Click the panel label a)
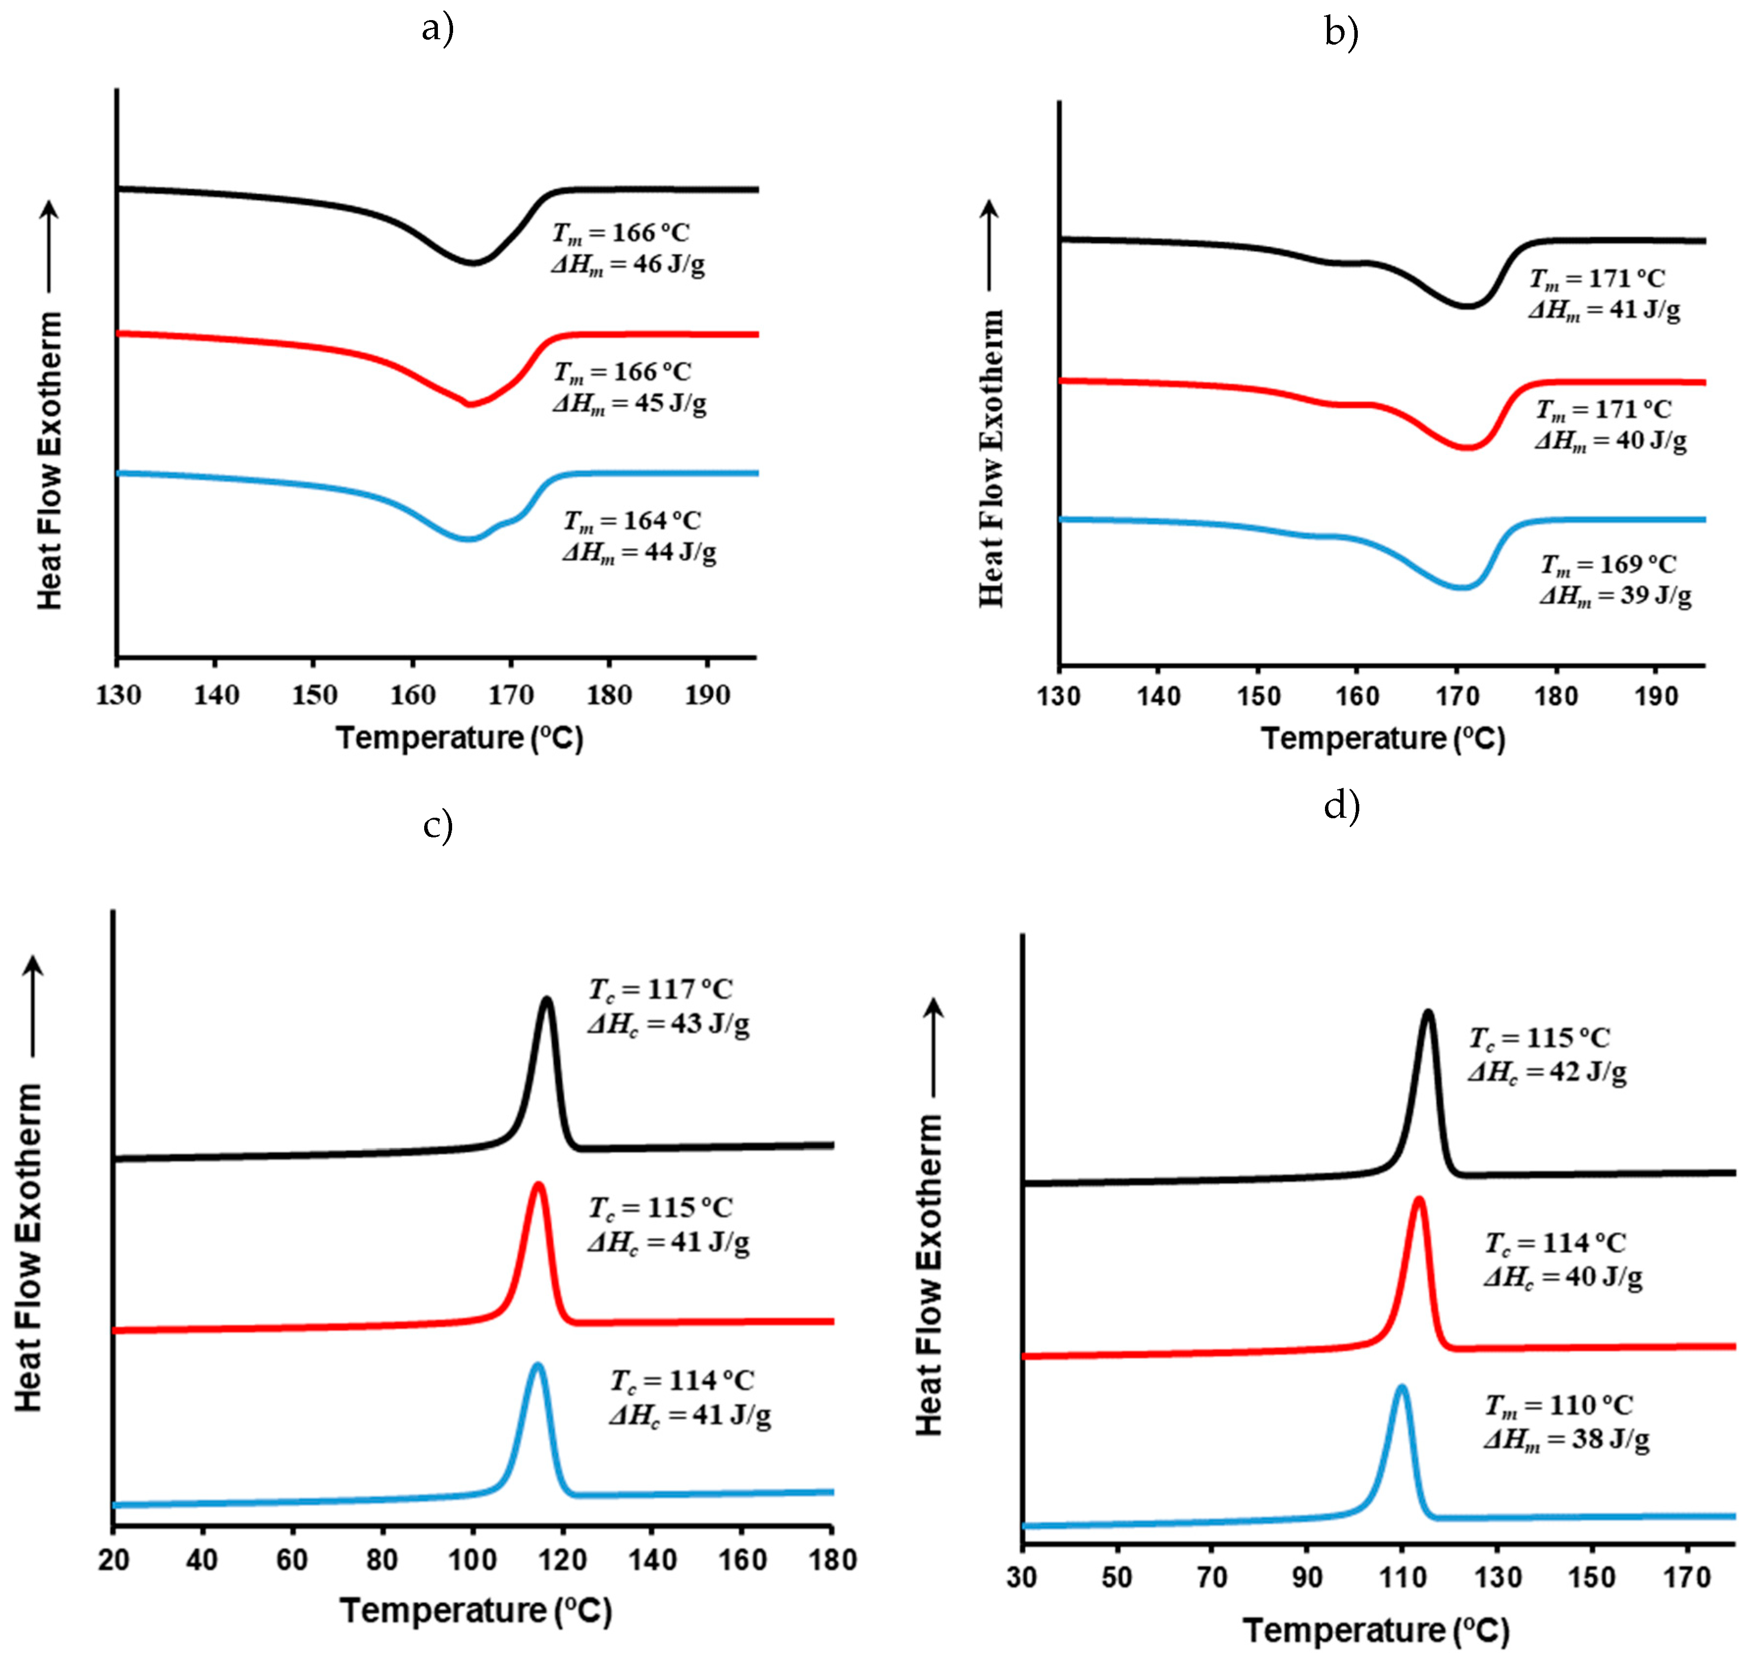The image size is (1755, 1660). (x=437, y=29)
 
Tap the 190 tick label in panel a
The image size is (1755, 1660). (x=707, y=696)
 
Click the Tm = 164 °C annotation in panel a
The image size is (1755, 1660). (x=632, y=521)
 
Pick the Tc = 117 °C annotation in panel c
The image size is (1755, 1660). (x=661, y=989)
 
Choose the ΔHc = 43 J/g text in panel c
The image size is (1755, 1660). (x=668, y=1024)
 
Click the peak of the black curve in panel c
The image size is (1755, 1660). (x=547, y=1000)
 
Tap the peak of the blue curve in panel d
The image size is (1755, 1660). (x=1401, y=1387)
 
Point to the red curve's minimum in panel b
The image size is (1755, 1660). (x=1467, y=448)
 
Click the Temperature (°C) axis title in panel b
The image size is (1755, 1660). (x=1382, y=738)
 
